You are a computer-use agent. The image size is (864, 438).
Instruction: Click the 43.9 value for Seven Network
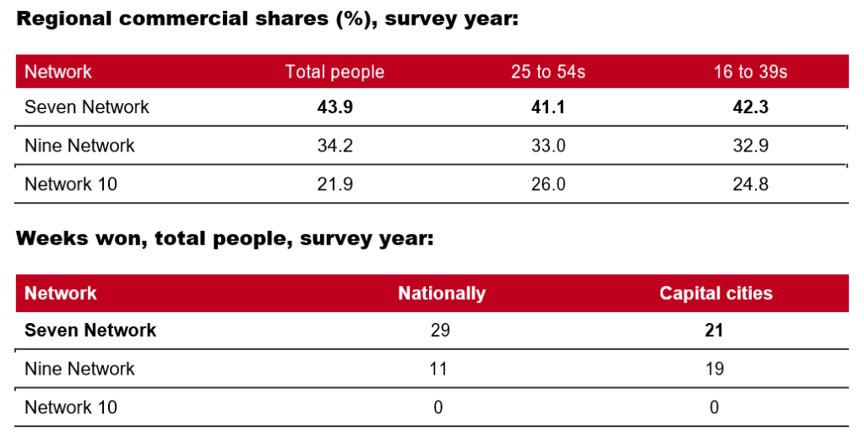334,107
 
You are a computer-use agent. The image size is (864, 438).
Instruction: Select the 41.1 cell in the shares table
548,107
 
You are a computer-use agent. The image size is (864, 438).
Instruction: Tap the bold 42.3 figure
751,107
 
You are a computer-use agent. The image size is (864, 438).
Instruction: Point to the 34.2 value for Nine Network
334,145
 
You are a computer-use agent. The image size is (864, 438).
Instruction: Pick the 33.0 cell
548,145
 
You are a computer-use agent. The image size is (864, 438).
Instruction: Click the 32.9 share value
751,145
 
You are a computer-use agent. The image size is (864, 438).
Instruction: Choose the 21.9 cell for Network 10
334,183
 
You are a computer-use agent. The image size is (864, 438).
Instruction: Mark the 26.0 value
548,183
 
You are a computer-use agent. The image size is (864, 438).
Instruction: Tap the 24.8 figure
751,183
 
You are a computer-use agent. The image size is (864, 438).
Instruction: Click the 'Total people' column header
334,72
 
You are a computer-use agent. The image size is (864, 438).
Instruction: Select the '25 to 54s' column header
548,72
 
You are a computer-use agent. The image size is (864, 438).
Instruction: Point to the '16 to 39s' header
751,72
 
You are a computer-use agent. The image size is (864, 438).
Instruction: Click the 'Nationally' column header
442,293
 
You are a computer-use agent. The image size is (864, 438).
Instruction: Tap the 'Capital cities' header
715,293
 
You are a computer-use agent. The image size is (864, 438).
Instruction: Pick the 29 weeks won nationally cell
439,330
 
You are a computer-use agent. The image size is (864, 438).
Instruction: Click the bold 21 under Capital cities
715,330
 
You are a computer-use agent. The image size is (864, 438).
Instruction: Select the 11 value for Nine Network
438,369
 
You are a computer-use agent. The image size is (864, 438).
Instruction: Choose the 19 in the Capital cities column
715,369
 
